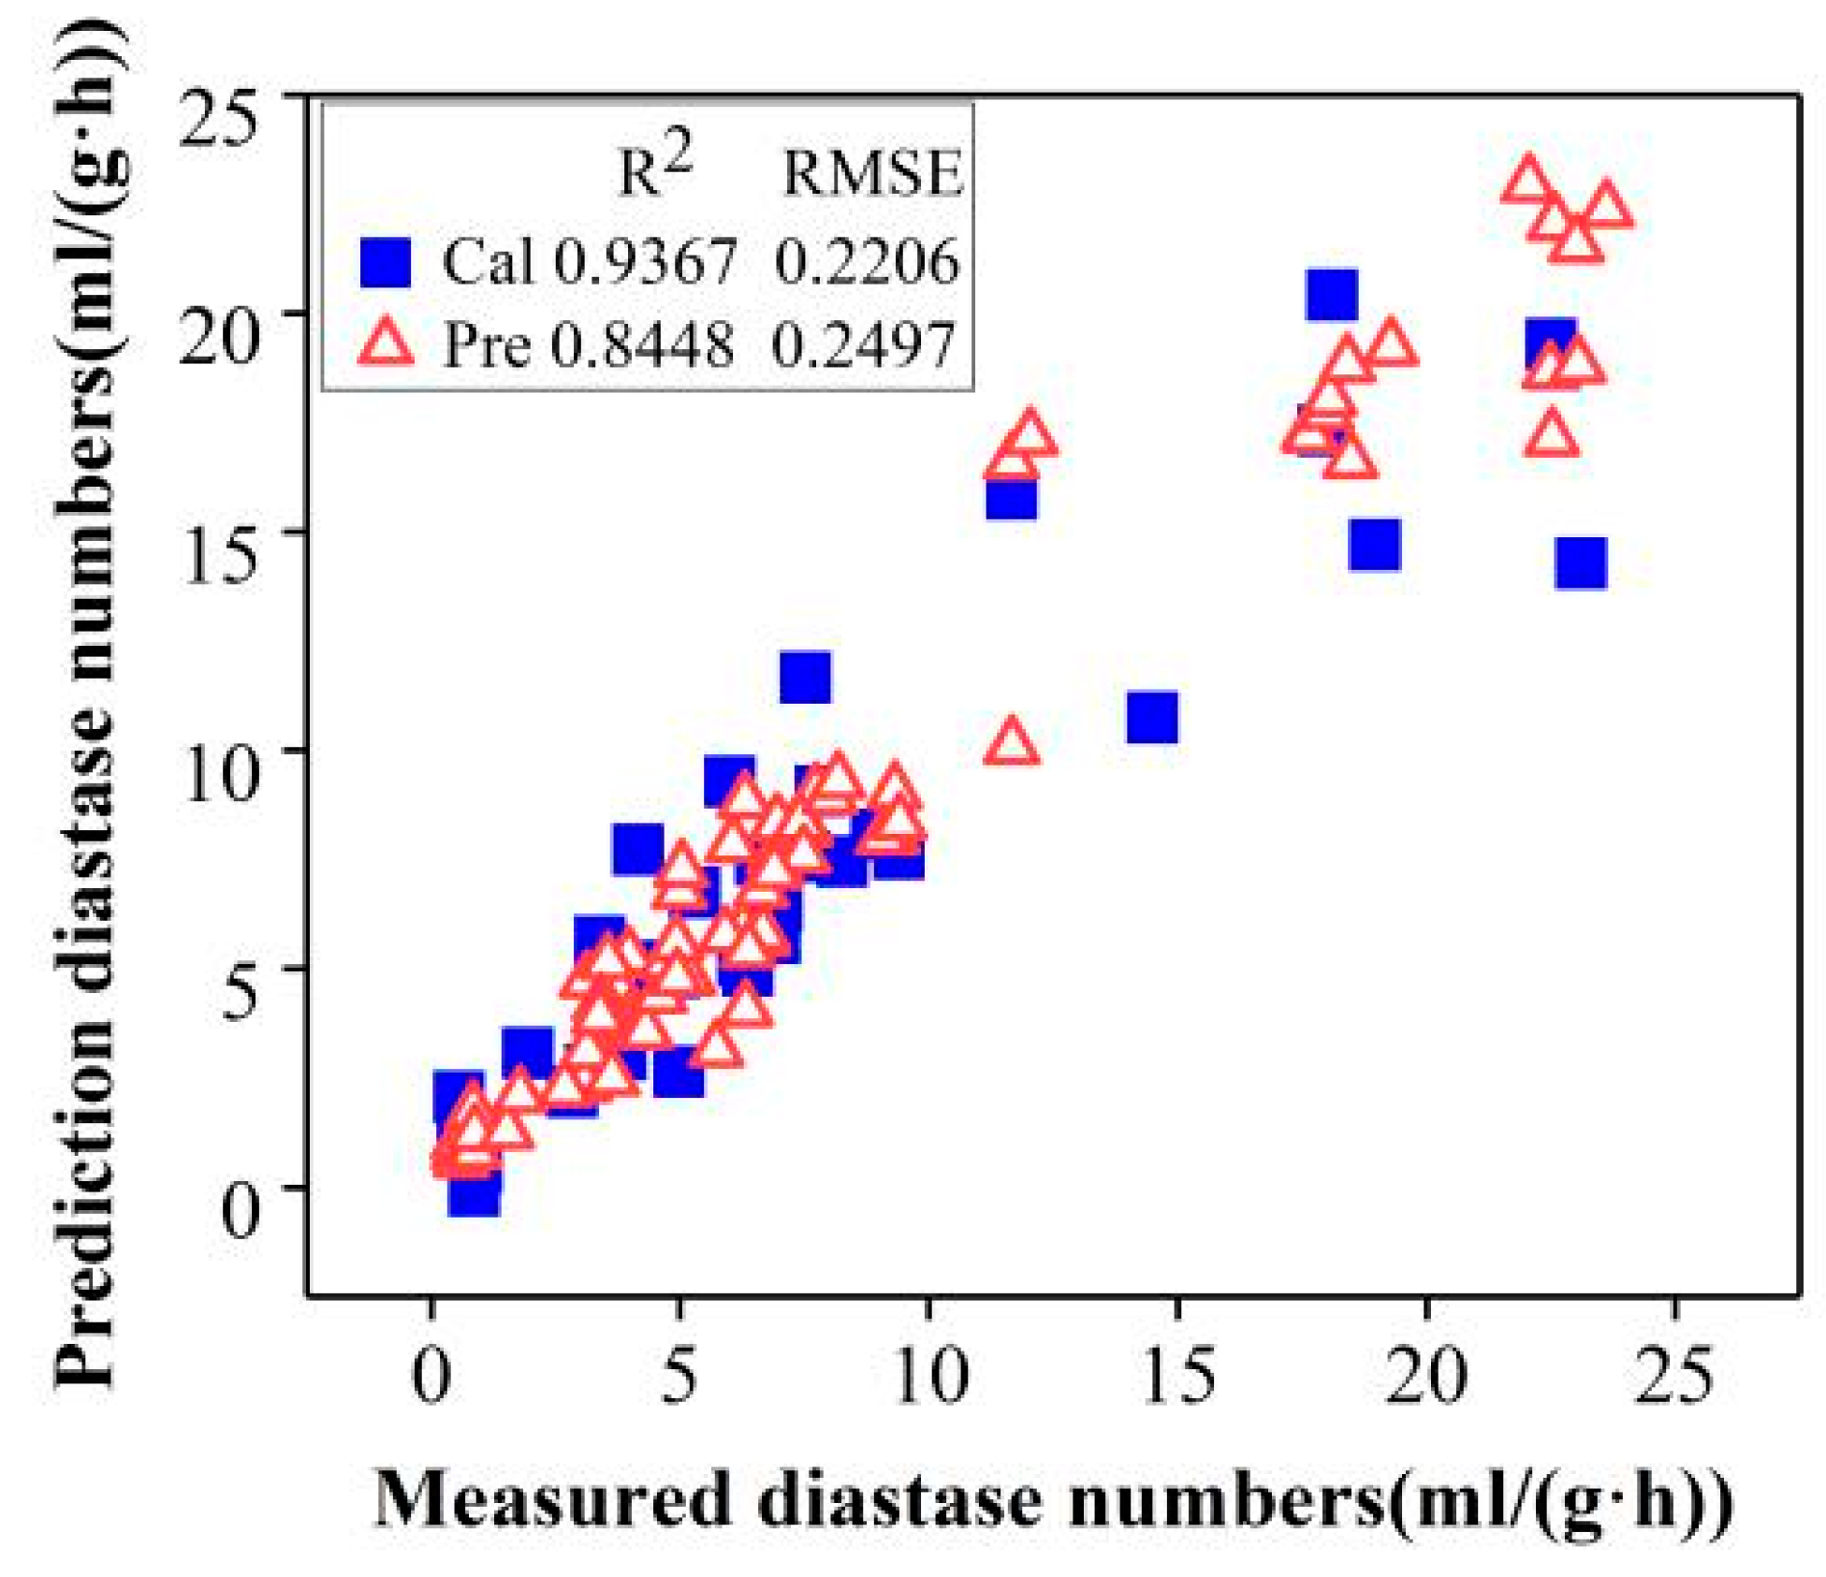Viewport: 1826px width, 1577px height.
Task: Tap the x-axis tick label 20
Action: (1425, 1376)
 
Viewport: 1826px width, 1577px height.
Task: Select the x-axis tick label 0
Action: (431, 1376)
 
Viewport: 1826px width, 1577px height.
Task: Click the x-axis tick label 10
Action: (929, 1376)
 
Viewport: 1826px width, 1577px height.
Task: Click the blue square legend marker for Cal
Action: (386, 262)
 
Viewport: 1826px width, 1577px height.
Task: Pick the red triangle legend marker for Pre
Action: (386, 342)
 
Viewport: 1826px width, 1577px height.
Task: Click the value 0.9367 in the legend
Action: (646, 262)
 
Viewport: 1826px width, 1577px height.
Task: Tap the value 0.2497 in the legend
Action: (863, 344)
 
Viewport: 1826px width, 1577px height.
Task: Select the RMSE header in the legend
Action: (872, 174)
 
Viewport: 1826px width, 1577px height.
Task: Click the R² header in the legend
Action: (655, 168)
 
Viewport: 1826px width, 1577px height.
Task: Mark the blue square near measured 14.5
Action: (1152, 718)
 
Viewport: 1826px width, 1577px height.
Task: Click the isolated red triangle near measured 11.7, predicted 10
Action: (1011, 744)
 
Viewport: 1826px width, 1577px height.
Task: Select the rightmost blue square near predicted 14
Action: (1581, 563)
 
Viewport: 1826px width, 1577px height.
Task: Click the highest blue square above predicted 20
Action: (1332, 294)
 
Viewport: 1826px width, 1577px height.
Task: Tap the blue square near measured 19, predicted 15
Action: (1374, 545)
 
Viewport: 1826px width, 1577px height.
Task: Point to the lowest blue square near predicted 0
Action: (474, 1191)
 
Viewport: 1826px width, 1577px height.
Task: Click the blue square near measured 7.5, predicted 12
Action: (805, 677)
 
